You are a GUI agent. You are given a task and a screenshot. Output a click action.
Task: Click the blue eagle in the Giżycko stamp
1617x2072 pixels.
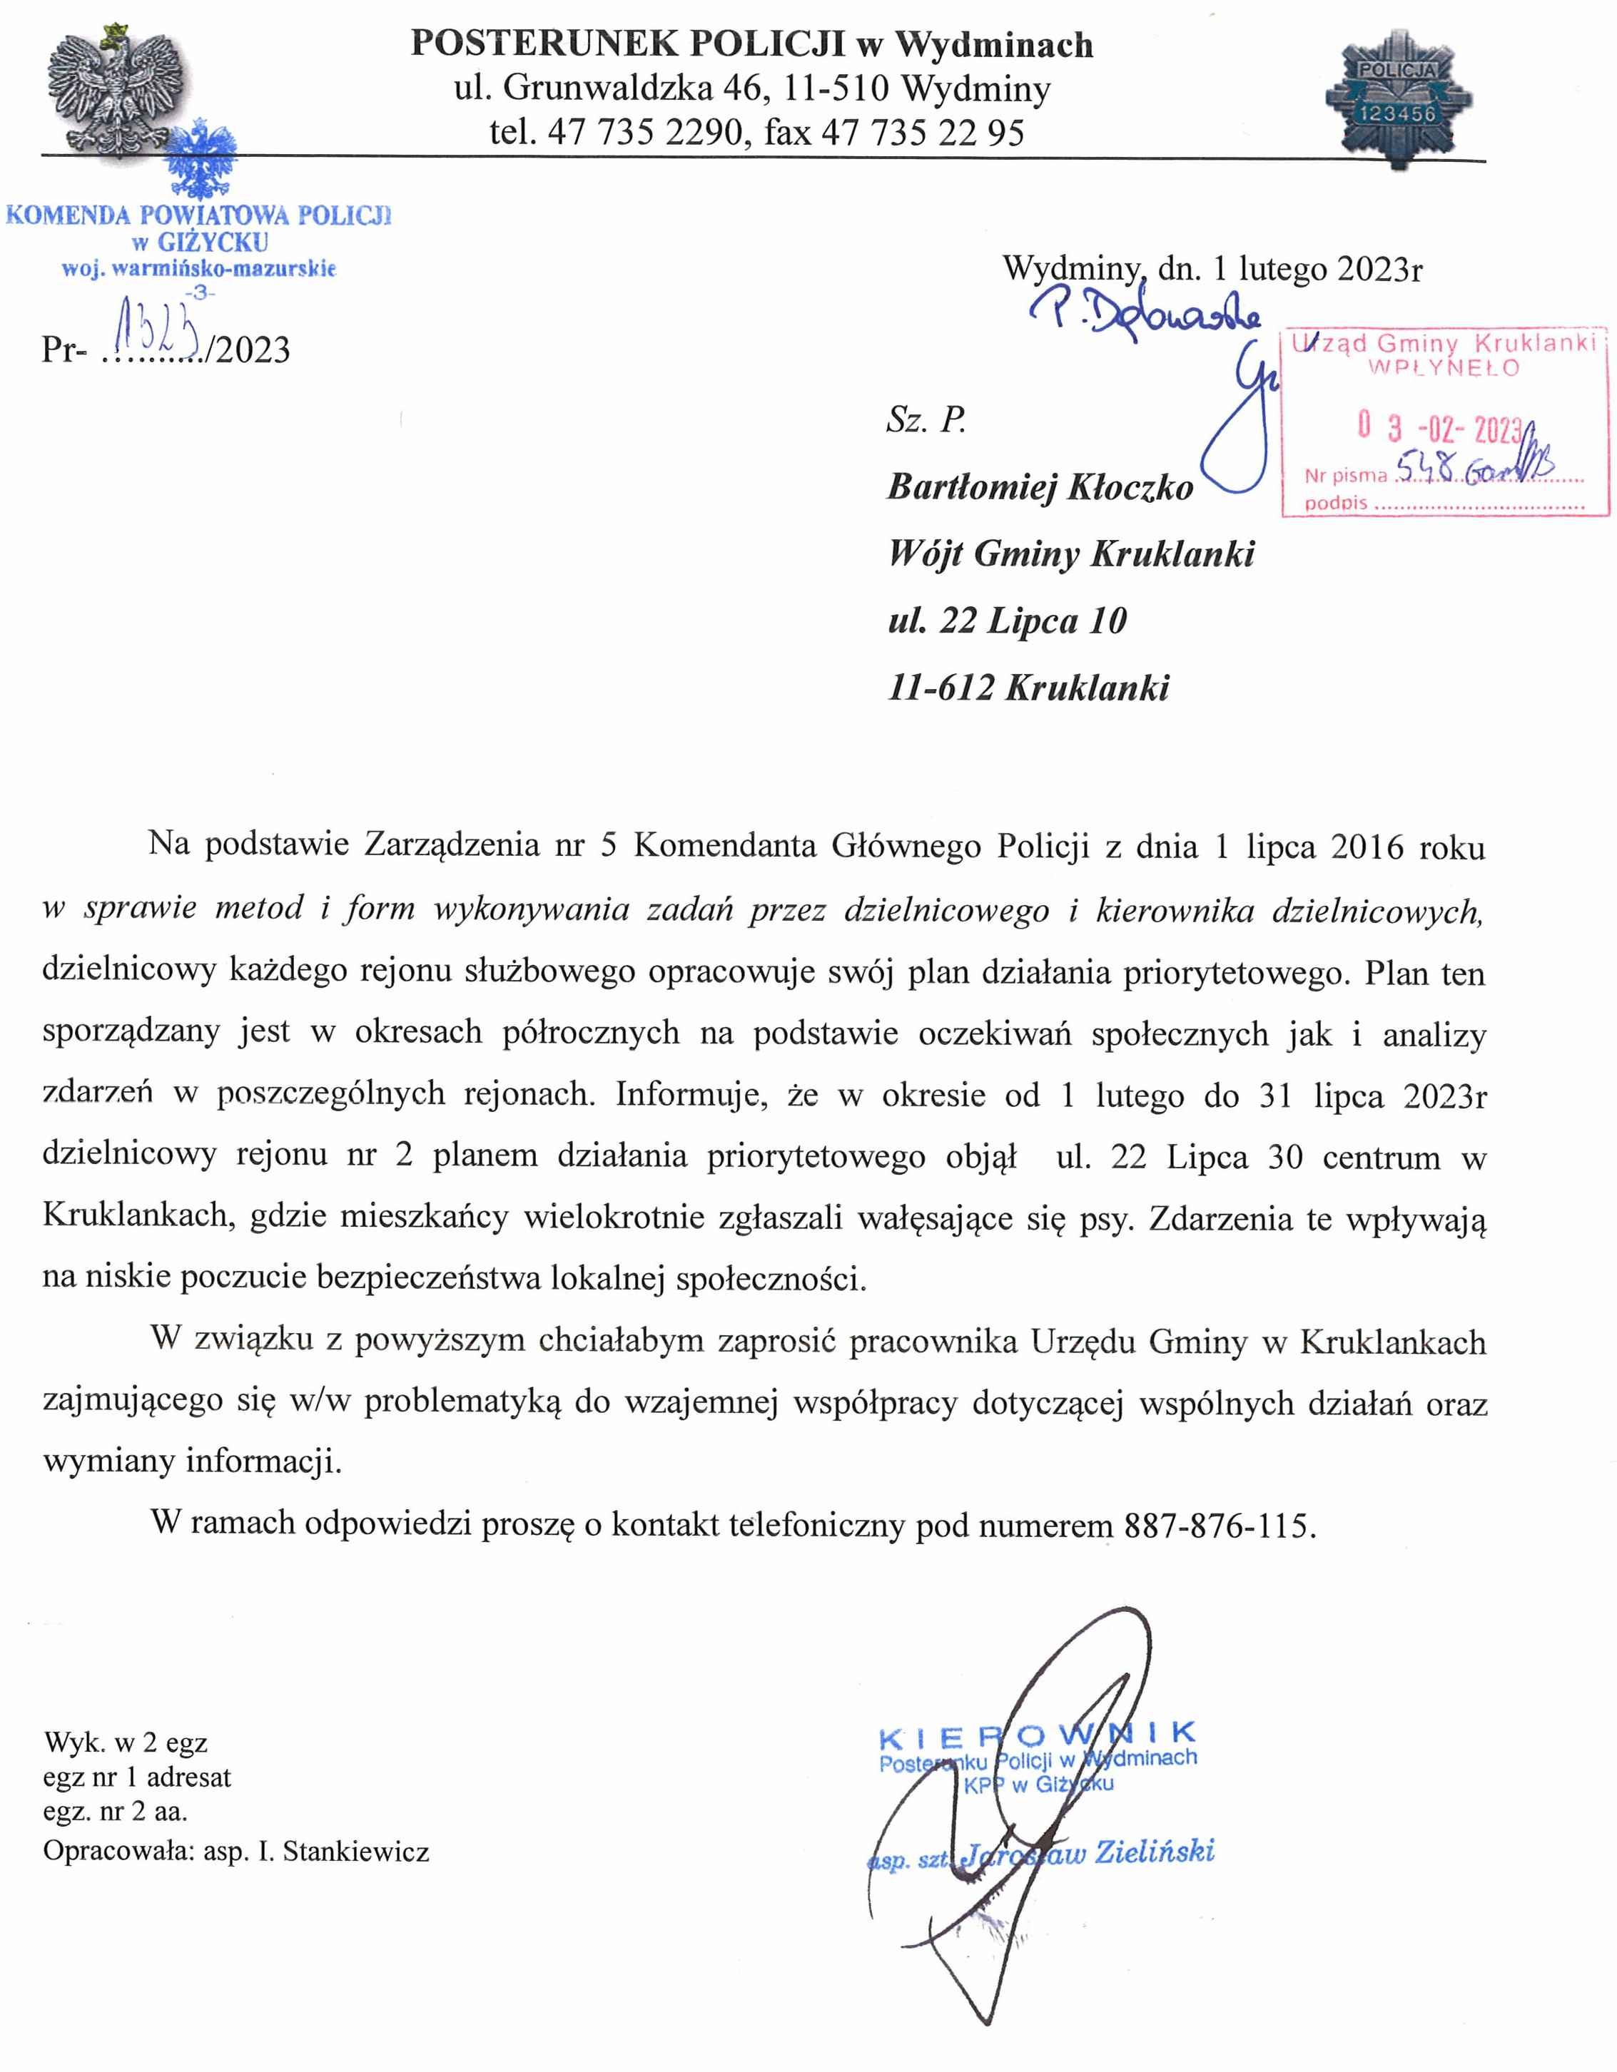[201, 161]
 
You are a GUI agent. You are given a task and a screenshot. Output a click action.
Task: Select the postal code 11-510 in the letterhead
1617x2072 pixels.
[832, 88]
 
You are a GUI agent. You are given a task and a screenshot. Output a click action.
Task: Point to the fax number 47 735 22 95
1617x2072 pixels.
[923, 132]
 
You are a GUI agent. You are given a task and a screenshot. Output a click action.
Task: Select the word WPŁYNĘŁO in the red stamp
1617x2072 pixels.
[1444, 368]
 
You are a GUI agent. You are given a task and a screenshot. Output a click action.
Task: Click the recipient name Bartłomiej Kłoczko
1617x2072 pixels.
[1040, 486]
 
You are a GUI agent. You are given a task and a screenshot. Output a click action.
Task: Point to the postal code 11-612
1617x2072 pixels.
[941, 688]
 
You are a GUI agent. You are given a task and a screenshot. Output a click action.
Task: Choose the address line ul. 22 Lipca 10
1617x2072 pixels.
[1007, 621]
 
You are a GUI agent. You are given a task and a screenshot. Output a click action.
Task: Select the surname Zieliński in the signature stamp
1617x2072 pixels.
[1154, 1850]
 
